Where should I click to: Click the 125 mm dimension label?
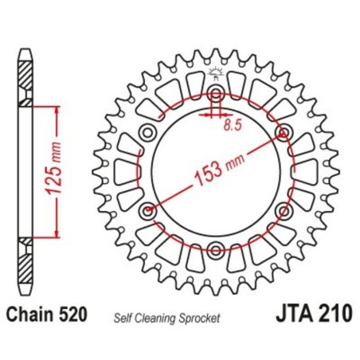[x=68, y=170]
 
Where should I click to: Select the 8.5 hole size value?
[x=233, y=125]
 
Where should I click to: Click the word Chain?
[x=34, y=315]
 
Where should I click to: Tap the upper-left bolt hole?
[x=147, y=132]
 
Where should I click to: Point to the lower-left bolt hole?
[x=147, y=212]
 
